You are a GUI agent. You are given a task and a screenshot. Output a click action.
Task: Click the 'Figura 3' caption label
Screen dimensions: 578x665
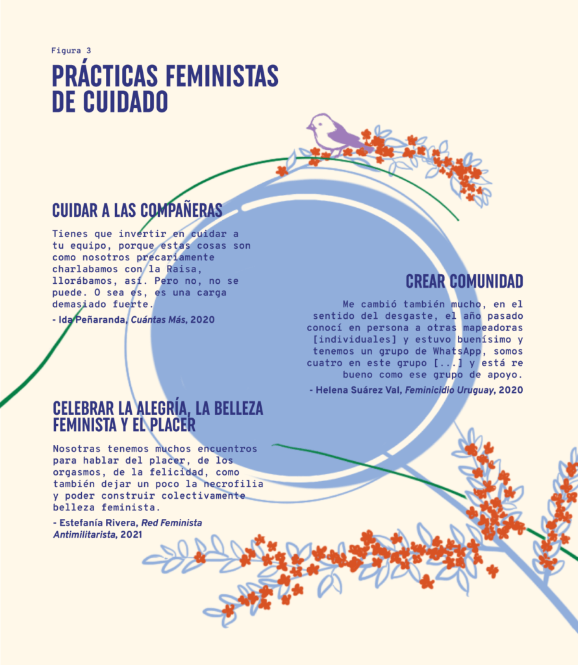point(71,51)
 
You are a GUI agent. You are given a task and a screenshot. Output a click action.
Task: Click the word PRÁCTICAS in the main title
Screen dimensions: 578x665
point(105,76)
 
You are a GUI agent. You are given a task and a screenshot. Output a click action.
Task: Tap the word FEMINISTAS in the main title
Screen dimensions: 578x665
point(222,76)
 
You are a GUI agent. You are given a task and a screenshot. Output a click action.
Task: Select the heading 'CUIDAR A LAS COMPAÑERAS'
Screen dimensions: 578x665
point(138,210)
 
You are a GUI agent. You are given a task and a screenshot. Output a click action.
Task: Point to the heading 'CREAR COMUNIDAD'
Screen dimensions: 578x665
point(464,282)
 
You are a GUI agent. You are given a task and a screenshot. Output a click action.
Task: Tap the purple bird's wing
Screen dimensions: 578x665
point(346,136)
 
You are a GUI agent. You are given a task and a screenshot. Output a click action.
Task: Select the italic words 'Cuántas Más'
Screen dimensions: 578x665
point(158,320)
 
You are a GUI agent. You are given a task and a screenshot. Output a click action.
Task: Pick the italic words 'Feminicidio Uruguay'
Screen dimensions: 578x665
point(449,390)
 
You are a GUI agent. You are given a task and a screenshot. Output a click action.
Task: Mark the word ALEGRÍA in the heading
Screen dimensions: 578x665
point(162,408)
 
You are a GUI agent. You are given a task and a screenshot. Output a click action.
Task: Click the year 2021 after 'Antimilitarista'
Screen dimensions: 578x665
point(131,535)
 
